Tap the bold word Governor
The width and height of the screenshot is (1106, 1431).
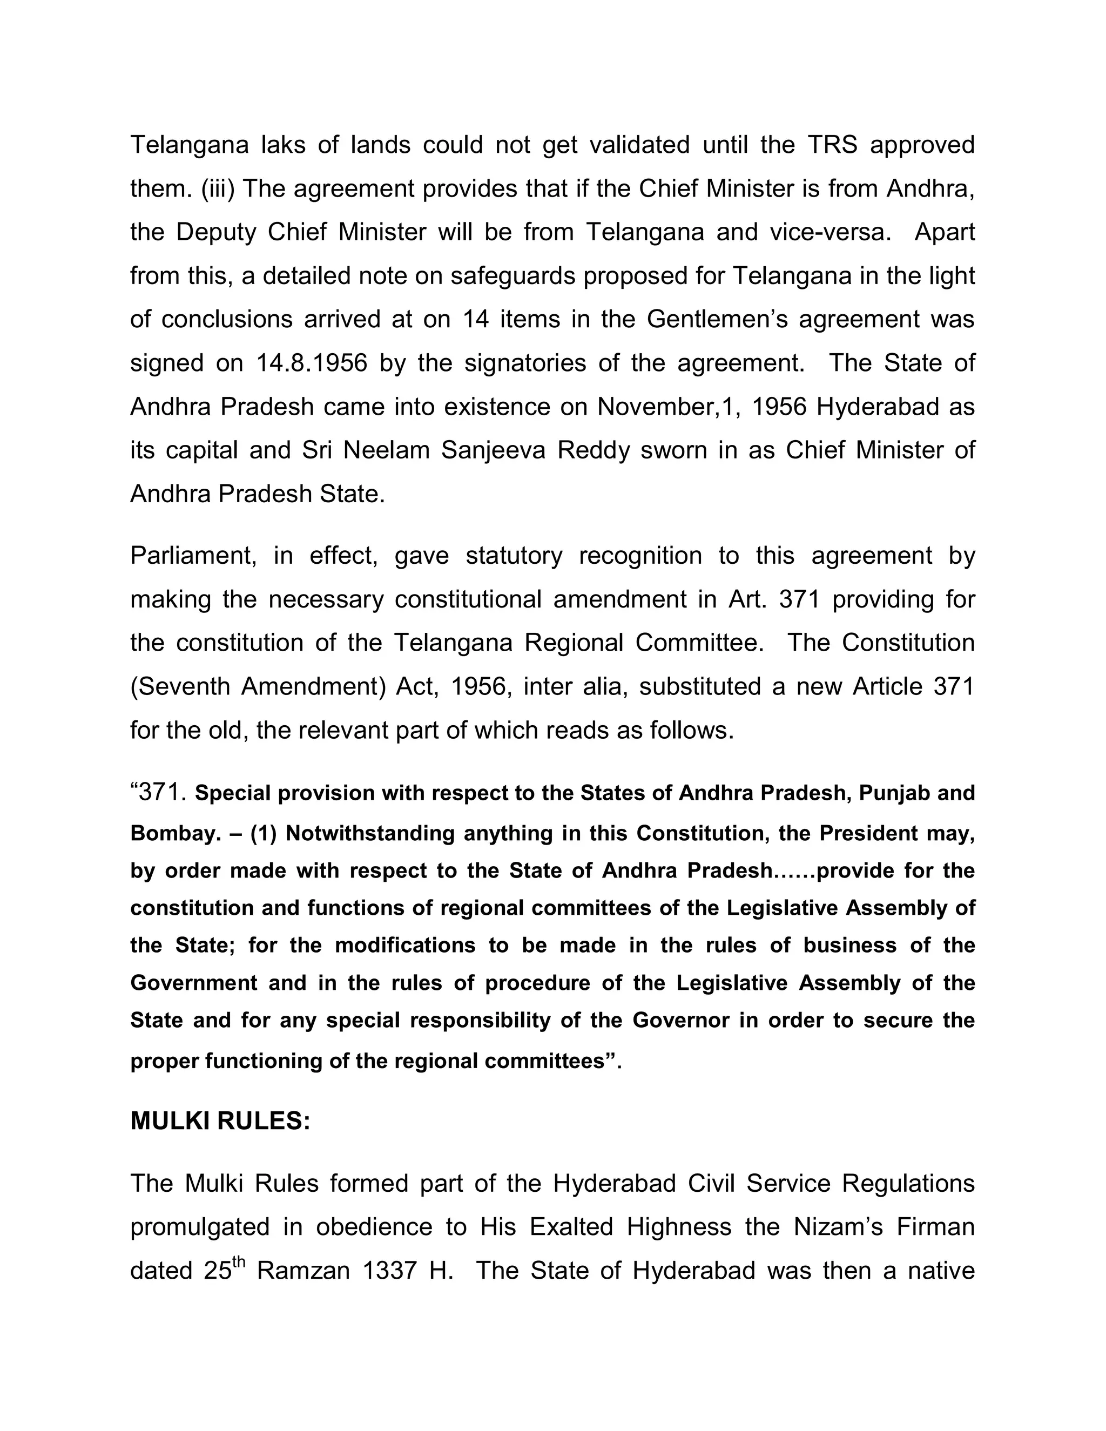tap(681, 1020)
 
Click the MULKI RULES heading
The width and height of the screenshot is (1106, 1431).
tap(220, 1121)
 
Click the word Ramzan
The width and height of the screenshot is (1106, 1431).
tap(304, 1271)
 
